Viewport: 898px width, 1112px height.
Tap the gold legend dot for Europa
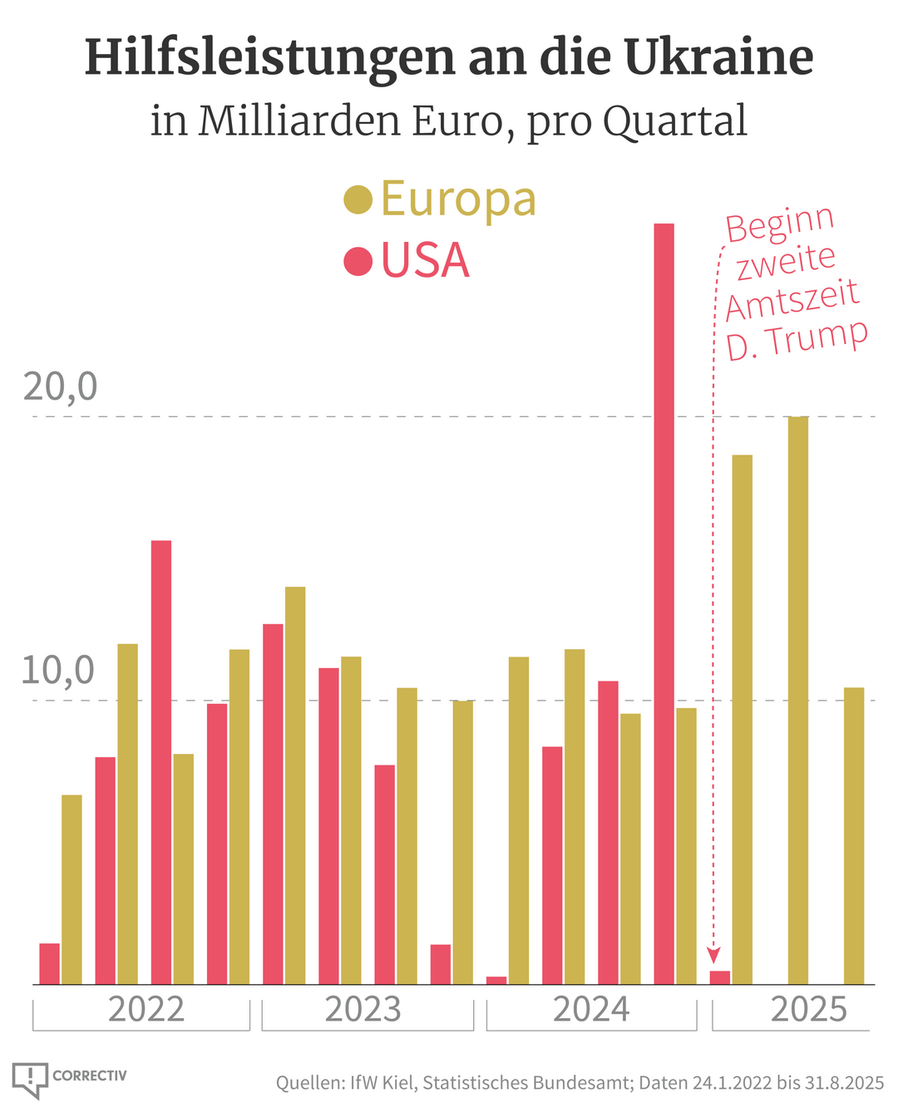(358, 199)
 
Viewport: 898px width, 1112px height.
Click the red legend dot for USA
(358, 261)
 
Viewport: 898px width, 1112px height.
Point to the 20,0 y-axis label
(60, 386)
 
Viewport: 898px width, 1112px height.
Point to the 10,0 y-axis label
(58, 671)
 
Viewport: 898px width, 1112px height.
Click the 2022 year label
(146, 1009)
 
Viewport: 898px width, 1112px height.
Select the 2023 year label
(363, 1009)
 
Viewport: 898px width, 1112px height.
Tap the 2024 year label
(591, 1009)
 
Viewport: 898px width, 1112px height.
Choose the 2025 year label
(808, 1009)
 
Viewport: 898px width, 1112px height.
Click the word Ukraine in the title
(718, 58)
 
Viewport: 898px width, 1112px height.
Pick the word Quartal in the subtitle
(674, 121)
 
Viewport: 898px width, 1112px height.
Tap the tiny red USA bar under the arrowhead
(720, 977)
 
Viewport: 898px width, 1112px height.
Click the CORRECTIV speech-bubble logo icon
(30, 1079)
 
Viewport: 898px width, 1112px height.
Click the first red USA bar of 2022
(50, 963)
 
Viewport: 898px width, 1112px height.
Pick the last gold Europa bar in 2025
(854, 835)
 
